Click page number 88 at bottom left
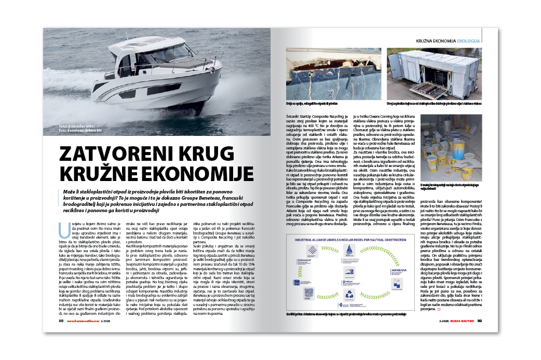click(x=61, y=321)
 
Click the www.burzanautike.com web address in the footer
click(x=83, y=321)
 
